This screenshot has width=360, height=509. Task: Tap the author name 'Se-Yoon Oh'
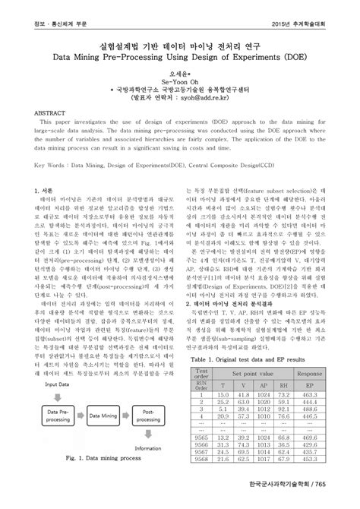coord(179,77)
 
